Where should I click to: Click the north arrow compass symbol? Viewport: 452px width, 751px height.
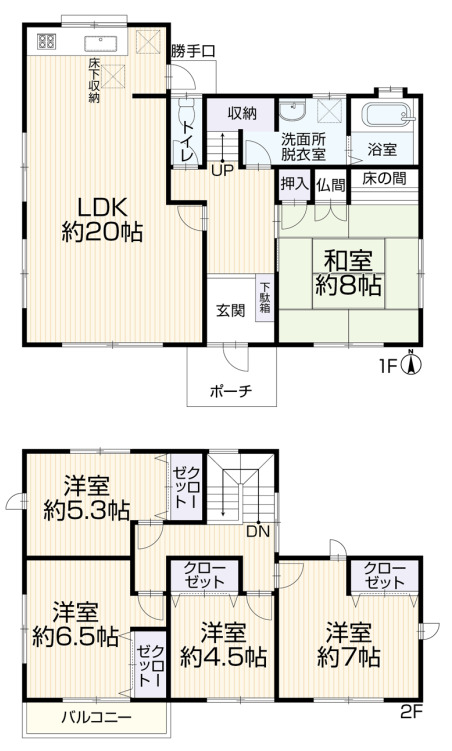[411, 363]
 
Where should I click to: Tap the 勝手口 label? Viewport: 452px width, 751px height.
[193, 52]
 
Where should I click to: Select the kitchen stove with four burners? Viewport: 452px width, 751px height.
[47, 41]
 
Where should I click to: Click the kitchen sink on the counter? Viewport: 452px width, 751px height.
[102, 44]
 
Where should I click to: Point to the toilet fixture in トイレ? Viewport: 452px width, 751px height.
[185, 114]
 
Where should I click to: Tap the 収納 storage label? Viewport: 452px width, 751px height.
[242, 114]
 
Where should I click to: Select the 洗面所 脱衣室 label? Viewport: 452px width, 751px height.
[304, 147]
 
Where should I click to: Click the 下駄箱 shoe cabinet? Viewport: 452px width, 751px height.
[265, 298]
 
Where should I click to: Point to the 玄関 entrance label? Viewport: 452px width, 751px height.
[231, 310]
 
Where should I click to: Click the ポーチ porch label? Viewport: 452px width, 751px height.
[231, 391]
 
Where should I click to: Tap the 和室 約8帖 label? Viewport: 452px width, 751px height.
[348, 273]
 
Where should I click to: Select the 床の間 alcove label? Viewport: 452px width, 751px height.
[384, 179]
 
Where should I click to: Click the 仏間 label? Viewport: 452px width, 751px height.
[330, 185]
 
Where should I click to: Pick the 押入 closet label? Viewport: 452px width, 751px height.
[294, 183]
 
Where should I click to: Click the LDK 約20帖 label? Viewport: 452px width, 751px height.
[102, 220]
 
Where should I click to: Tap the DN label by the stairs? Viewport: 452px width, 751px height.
[258, 531]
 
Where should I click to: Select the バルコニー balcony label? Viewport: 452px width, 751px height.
[96, 717]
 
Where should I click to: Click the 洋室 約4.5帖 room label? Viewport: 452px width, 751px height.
[223, 644]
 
